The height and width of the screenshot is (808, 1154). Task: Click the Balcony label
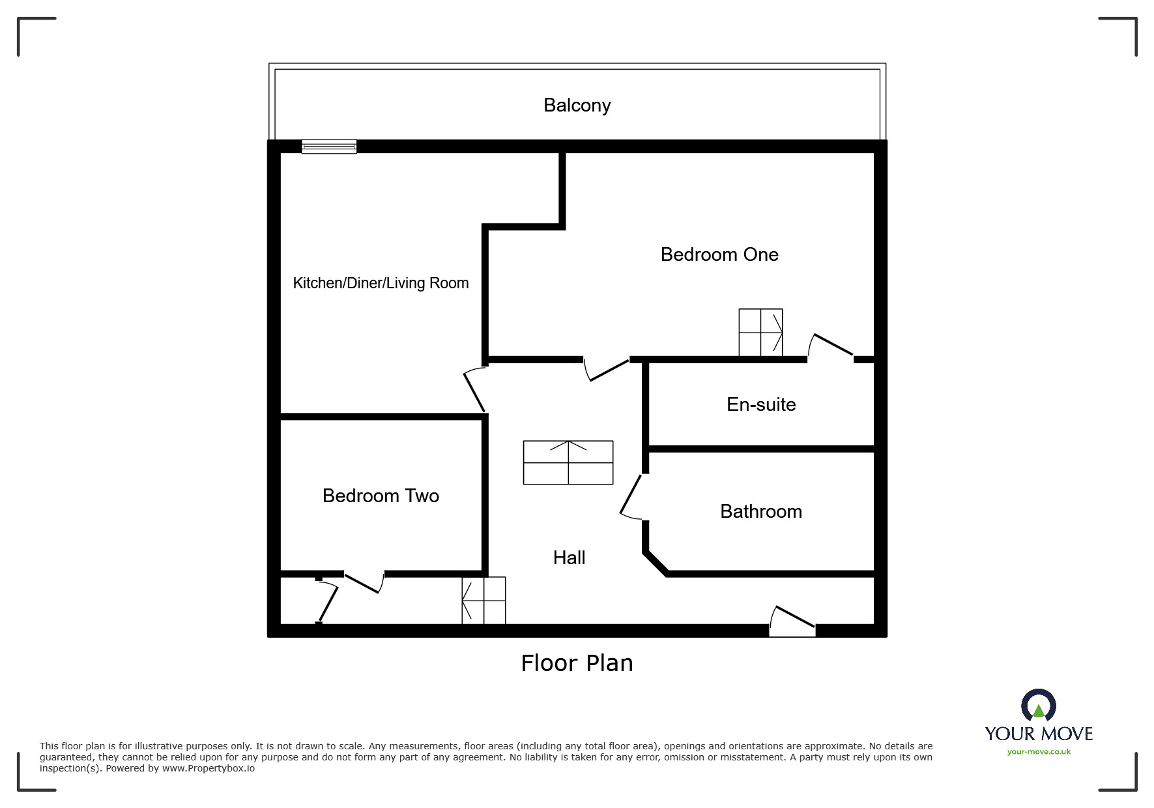(x=577, y=106)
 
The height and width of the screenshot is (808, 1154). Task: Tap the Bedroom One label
(x=719, y=254)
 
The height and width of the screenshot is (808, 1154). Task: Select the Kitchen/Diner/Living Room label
(x=381, y=283)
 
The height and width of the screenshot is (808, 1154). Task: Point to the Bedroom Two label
(x=381, y=496)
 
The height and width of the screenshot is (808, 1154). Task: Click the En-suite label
(x=761, y=404)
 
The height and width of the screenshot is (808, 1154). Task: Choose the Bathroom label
(x=761, y=511)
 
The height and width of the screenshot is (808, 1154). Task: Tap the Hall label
(x=569, y=558)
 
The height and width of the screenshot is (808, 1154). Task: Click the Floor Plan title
(x=577, y=663)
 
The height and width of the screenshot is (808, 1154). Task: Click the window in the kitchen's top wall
(x=329, y=147)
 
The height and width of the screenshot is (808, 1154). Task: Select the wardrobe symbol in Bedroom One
(x=760, y=333)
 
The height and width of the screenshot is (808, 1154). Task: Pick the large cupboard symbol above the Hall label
(x=568, y=463)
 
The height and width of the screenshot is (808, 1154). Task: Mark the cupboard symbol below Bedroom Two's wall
(x=484, y=601)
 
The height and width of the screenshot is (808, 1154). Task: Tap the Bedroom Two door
(x=363, y=581)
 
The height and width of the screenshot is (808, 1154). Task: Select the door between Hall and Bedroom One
(x=607, y=369)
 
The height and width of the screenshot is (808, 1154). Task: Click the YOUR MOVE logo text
(x=1039, y=734)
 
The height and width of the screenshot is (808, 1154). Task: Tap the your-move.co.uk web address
(x=1039, y=752)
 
